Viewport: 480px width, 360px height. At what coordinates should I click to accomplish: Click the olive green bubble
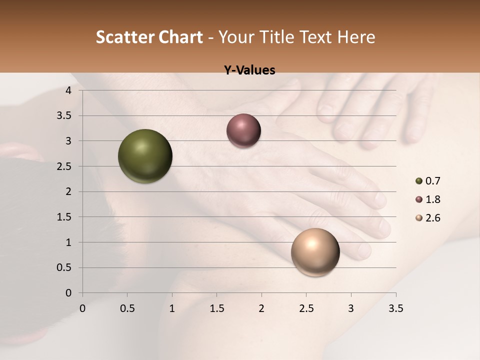pyautogui.click(x=145, y=156)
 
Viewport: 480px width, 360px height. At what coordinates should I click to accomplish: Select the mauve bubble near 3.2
pyautogui.click(x=243, y=130)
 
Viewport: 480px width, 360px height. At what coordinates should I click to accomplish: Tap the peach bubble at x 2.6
pyautogui.click(x=315, y=252)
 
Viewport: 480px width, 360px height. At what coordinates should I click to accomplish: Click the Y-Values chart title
pyautogui.click(x=249, y=70)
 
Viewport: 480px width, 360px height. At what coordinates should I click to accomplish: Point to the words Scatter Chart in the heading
pyautogui.click(x=149, y=37)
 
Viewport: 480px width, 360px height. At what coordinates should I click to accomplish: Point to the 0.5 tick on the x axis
pyautogui.click(x=127, y=308)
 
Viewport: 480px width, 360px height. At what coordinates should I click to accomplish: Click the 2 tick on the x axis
pyautogui.click(x=261, y=308)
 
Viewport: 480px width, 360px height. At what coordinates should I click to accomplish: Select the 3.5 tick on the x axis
pyautogui.click(x=395, y=308)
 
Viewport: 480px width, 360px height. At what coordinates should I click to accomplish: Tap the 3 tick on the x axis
pyautogui.click(x=351, y=308)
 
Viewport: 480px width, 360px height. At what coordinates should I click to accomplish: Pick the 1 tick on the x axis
pyautogui.click(x=172, y=308)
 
